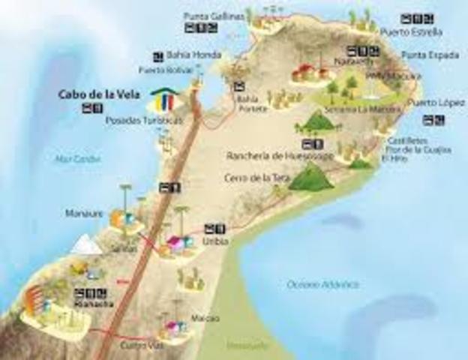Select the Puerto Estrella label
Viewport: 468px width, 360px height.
pos(411,32)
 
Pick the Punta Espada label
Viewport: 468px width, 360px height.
pos(422,55)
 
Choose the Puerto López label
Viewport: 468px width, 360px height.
pos(427,102)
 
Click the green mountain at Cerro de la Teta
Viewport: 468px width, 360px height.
pos(310,178)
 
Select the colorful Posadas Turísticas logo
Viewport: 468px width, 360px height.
pos(166,100)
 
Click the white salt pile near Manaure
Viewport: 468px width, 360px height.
pos(88,244)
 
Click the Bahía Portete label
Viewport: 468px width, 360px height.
pos(247,102)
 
